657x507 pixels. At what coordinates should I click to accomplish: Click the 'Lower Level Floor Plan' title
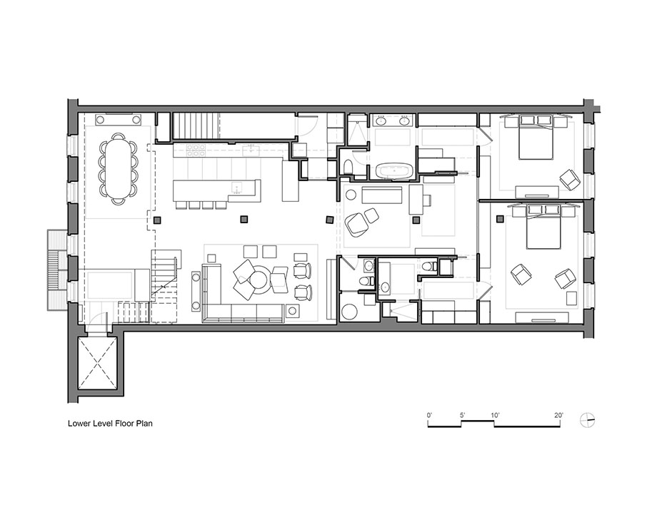point(110,424)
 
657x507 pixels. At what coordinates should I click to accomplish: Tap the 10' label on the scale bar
point(495,416)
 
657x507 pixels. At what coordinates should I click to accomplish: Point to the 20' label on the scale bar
point(559,416)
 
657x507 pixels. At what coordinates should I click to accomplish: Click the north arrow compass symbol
point(588,421)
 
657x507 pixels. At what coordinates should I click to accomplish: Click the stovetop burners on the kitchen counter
point(196,150)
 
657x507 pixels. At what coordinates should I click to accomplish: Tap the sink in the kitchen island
point(238,188)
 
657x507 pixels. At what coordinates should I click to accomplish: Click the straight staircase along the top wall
point(196,126)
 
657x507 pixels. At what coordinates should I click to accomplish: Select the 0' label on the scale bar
point(429,416)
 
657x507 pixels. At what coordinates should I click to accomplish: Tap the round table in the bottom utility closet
point(348,312)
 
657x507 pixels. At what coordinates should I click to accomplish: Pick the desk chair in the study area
point(427,200)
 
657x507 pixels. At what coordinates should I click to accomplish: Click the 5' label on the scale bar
point(462,416)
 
